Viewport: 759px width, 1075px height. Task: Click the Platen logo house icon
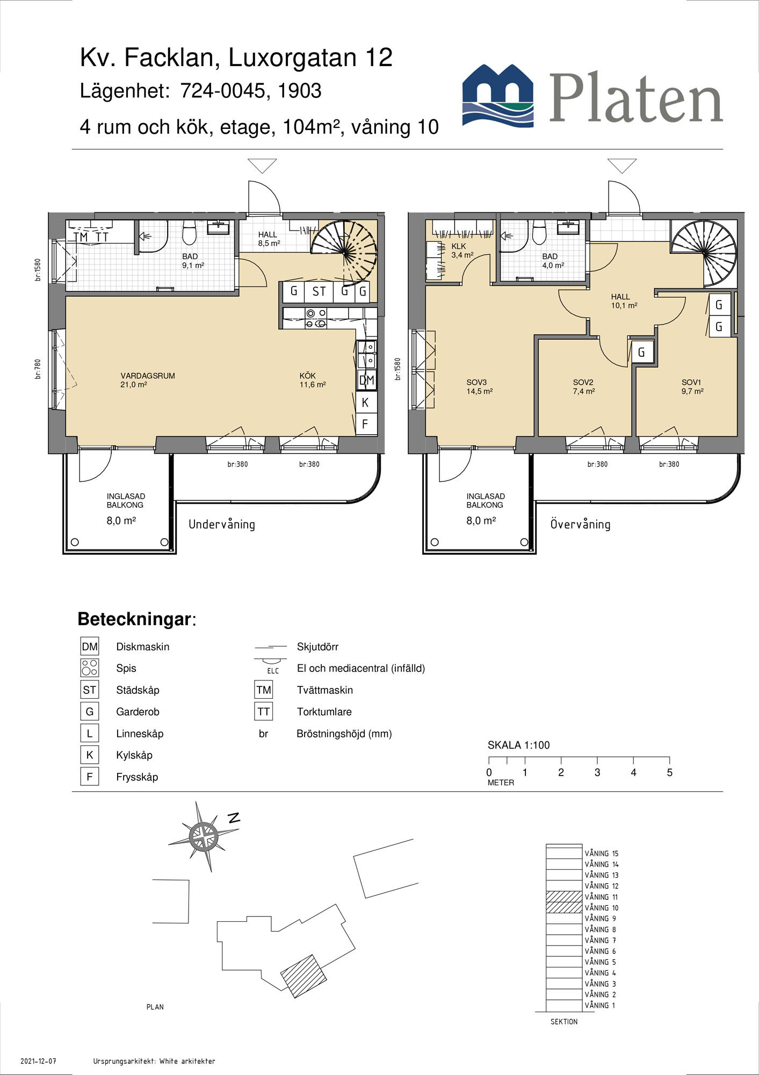point(498,95)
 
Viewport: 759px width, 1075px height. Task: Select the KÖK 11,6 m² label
point(313,380)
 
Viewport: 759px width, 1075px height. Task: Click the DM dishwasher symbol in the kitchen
point(366,380)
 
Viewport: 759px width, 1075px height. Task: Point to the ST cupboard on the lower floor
point(319,292)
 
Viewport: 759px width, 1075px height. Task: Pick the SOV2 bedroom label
point(583,383)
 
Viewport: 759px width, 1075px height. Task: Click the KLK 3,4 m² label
point(462,250)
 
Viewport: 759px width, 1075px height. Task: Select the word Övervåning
point(580,524)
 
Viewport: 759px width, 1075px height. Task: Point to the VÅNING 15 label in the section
point(602,853)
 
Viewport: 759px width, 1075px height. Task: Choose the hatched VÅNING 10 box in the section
point(564,907)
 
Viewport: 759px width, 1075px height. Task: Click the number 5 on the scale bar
point(669,772)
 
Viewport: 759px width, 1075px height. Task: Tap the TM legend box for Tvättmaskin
point(264,690)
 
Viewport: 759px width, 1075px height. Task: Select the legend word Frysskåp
point(137,777)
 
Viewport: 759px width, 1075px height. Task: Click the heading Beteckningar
point(137,619)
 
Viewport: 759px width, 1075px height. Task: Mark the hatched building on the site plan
point(303,976)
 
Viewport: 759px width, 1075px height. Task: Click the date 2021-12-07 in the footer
point(38,1061)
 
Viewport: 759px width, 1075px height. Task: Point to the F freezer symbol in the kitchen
point(365,424)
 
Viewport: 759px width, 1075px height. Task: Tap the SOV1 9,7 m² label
point(692,386)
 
